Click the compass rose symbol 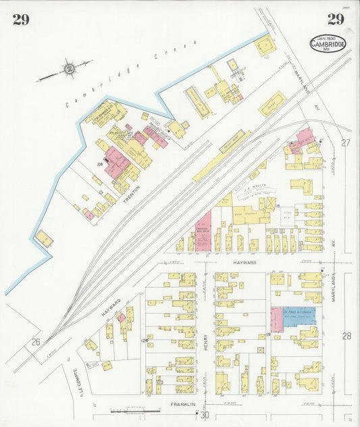[x=68, y=68]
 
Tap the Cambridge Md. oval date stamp [x=328, y=43]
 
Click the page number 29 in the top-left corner [x=20, y=19]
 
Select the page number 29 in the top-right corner [x=336, y=19]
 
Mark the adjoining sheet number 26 [x=35, y=342]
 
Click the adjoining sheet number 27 [x=346, y=143]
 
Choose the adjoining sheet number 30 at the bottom [x=205, y=414]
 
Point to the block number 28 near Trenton [x=99, y=164]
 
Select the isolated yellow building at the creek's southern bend [x=45, y=238]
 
